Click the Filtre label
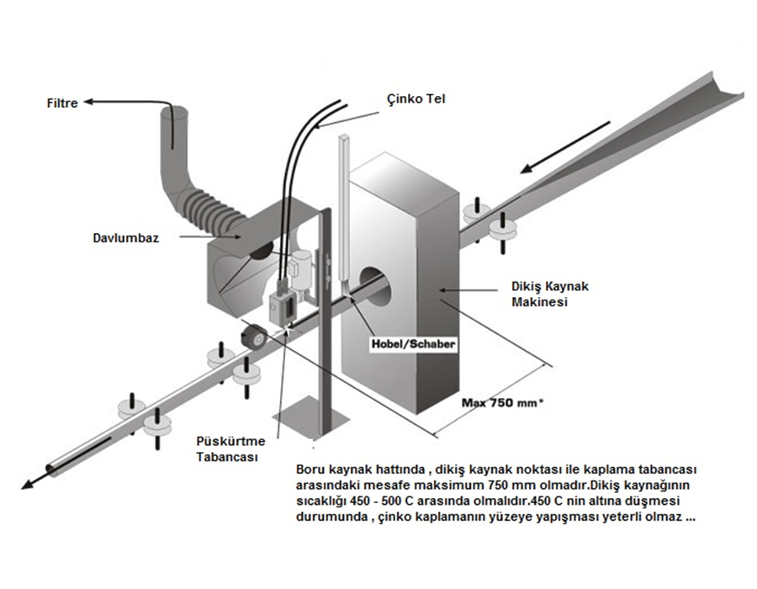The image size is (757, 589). (62, 103)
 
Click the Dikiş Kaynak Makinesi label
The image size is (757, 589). (550, 294)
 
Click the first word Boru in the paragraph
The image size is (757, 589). (310, 469)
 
